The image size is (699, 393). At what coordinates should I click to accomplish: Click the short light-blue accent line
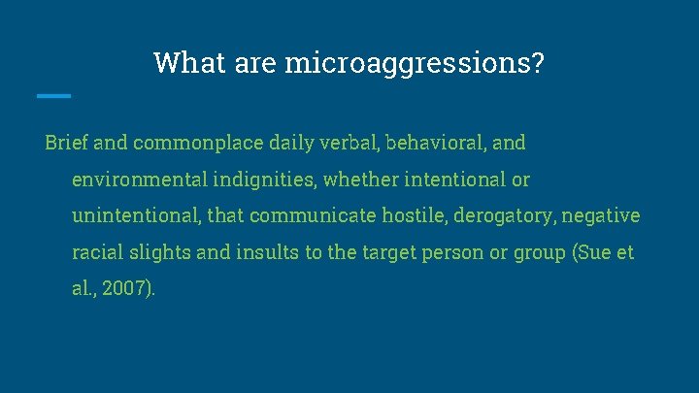tap(53, 95)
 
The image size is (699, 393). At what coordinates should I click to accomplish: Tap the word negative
tap(605, 215)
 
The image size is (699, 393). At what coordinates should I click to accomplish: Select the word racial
tap(96, 252)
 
